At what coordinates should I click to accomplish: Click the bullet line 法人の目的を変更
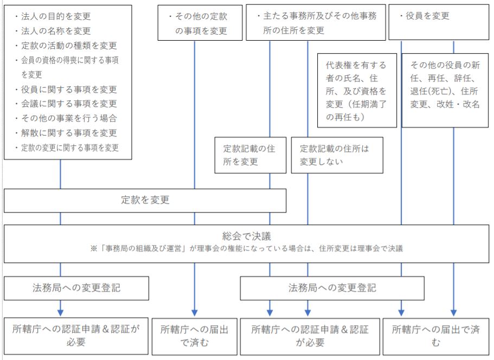(x=53, y=16)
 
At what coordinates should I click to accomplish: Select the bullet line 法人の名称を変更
(x=53, y=31)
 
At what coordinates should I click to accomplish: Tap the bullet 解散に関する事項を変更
(x=66, y=133)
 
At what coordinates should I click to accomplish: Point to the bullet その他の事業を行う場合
(x=66, y=118)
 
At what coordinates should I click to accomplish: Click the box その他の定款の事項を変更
(x=200, y=23)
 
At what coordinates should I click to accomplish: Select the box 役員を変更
(x=439, y=22)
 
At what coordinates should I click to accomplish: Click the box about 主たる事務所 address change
(x=316, y=22)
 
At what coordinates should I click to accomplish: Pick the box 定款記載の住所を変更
(x=251, y=155)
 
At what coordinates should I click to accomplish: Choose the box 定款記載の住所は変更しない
(x=337, y=155)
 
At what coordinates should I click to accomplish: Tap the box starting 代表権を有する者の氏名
(x=357, y=91)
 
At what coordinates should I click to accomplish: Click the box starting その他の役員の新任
(x=445, y=91)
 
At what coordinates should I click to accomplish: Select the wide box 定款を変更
(x=145, y=201)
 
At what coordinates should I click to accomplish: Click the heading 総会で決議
(x=247, y=236)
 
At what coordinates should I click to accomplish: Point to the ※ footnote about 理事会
(x=247, y=248)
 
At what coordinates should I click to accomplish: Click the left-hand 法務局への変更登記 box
(x=76, y=288)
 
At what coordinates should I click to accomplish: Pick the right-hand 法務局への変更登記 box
(x=332, y=288)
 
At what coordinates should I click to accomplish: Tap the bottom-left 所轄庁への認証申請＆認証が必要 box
(x=76, y=336)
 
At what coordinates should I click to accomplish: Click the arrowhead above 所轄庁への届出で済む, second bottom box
(x=195, y=313)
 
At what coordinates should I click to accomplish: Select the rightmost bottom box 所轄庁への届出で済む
(x=436, y=336)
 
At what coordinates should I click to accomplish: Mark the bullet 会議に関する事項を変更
(x=66, y=104)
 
